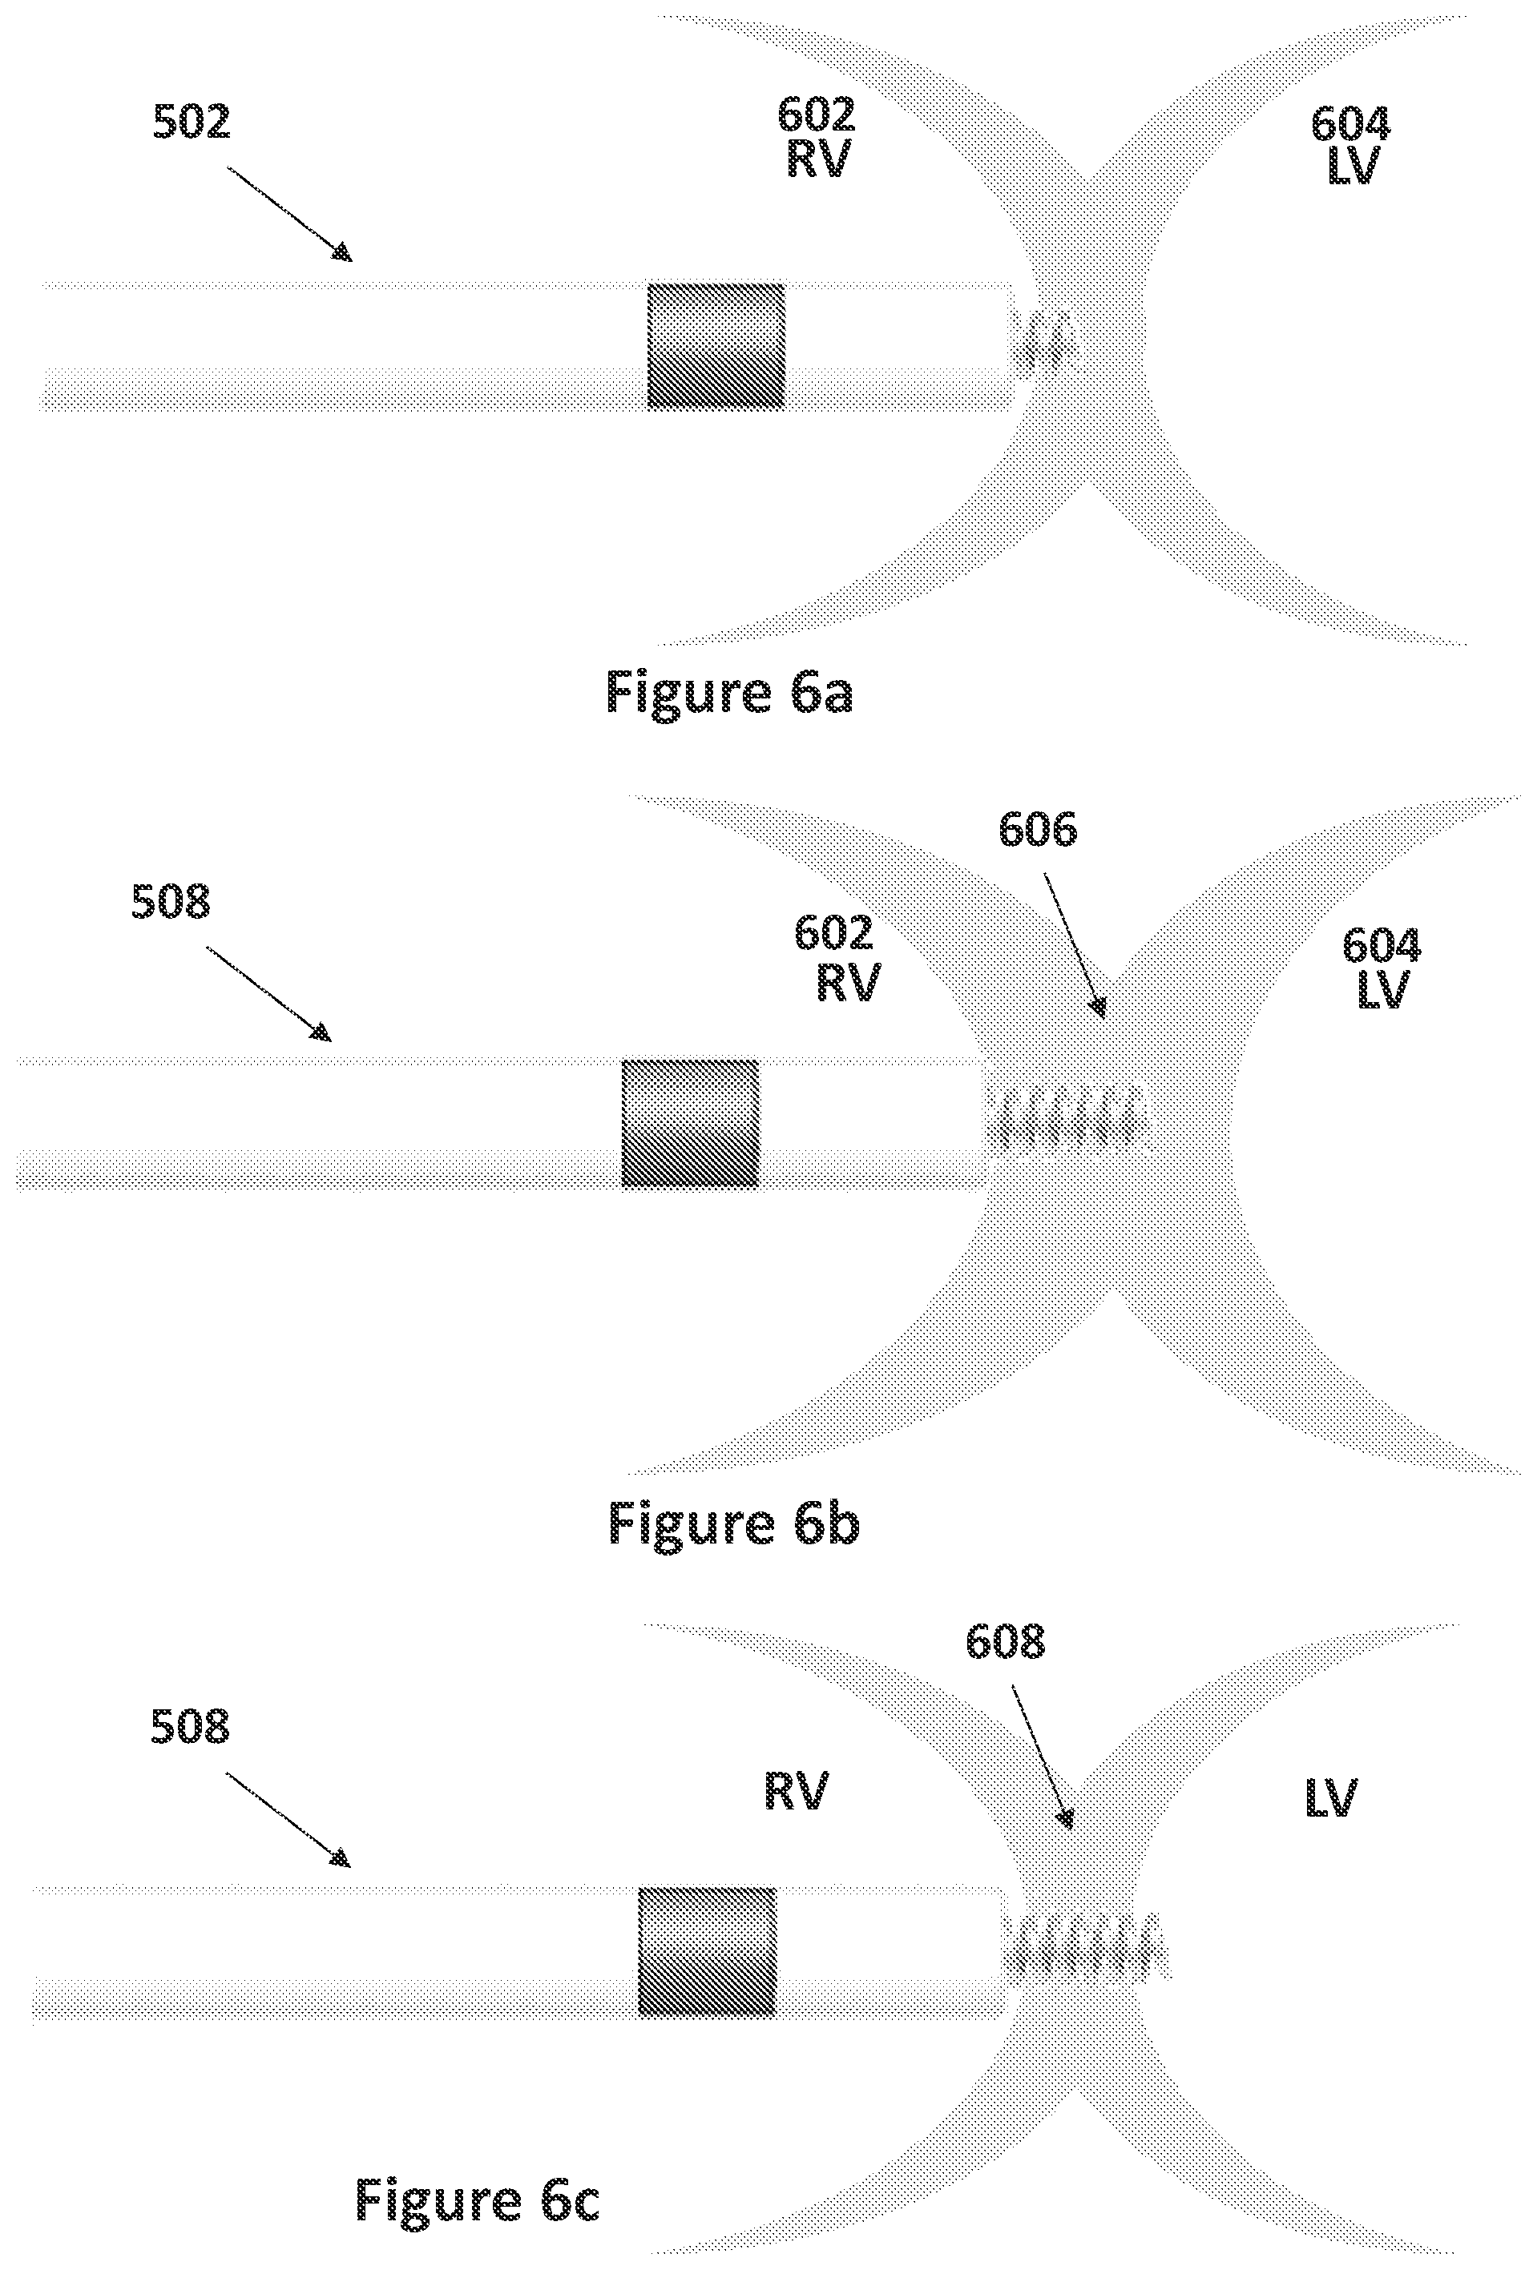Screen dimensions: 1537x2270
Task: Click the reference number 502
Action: point(192,122)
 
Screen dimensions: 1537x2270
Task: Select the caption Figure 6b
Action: point(732,1523)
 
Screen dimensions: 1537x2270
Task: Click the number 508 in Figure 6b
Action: point(171,902)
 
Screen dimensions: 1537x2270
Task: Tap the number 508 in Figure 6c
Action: point(190,1727)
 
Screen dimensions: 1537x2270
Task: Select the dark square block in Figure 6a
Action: point(716,346)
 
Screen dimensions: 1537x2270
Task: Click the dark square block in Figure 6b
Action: point(690,1123)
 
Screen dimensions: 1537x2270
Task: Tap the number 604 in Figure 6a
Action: point(1350,124)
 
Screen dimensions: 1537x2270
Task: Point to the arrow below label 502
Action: point(289,214)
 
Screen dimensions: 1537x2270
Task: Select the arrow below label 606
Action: point(1075,945)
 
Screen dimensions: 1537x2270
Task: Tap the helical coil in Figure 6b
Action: point(1067,1116)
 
